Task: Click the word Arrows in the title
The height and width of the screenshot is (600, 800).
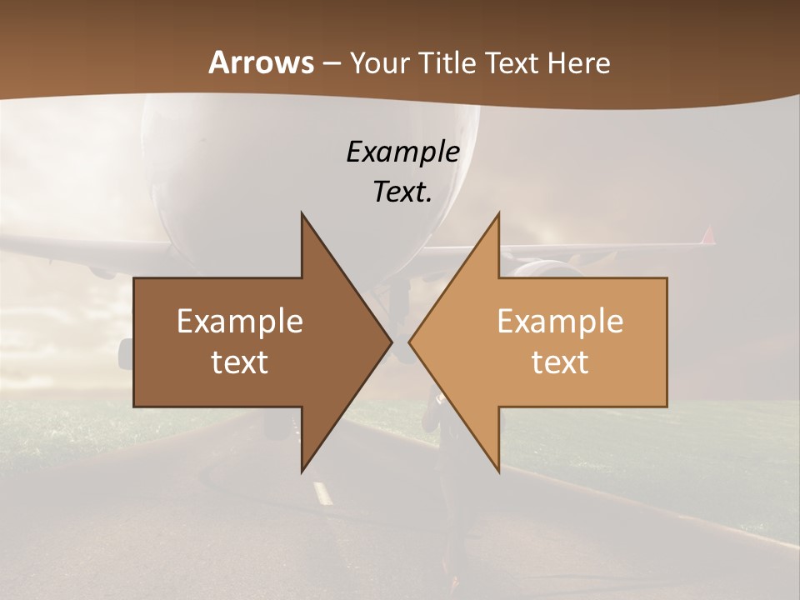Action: [261, 62]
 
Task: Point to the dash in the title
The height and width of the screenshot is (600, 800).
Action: [331, 63]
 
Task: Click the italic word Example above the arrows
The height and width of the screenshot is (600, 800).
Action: [402, 152]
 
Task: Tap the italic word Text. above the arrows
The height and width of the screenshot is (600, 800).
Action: [402, 192]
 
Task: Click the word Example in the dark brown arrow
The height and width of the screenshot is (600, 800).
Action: [240, 321]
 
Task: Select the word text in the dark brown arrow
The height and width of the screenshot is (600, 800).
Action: [240, 362]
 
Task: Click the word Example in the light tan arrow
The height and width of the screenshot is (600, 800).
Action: [560, 321]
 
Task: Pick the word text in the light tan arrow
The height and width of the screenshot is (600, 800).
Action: [560, 362]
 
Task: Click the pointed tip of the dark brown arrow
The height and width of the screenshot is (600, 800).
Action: [391, 342]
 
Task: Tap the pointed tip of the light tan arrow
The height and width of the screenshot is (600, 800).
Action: [409, 342]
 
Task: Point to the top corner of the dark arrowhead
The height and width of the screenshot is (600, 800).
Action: [302, 213]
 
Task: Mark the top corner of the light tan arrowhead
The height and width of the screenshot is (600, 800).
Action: [498, 213]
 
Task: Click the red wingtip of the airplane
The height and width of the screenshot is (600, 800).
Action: [708, 235]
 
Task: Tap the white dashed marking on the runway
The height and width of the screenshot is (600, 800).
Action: [322, 493]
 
